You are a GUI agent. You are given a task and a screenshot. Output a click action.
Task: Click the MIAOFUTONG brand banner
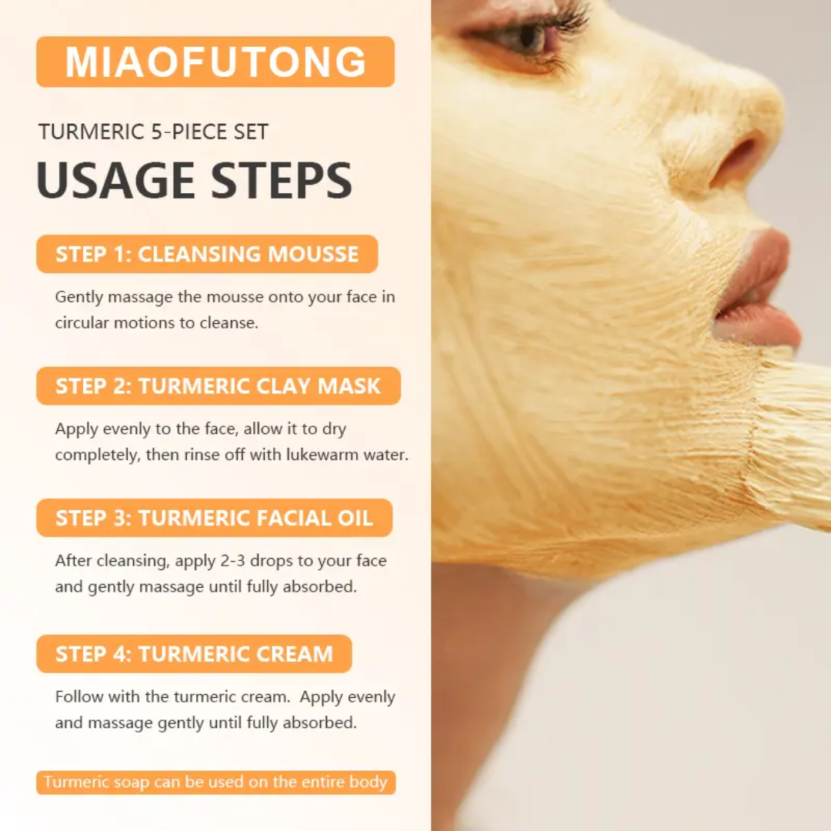[x=215, y=62]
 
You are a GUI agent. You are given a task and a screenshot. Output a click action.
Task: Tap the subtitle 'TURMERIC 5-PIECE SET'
[x=153, y=132]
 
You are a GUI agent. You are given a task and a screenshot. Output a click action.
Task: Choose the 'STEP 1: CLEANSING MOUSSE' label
[x=207, y=255]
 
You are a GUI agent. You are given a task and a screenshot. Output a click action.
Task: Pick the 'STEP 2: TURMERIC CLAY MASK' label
[x=218, y=386]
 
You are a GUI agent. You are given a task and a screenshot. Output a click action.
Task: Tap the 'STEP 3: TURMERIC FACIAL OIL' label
[x=214, y=518]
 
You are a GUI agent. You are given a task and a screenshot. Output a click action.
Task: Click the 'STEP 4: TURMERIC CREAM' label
[x=194, y=654]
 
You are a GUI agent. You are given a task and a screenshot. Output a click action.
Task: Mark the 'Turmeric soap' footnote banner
[x=215, y=783]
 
